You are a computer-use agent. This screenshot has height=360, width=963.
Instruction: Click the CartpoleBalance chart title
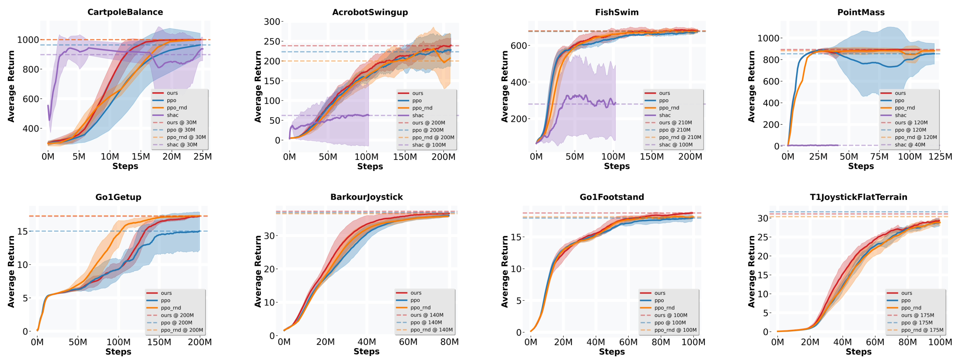(125, 12)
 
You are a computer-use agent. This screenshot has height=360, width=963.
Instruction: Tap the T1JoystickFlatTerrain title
(858, 197)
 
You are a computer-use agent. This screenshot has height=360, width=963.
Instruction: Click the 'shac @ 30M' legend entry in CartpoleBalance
(182, 145)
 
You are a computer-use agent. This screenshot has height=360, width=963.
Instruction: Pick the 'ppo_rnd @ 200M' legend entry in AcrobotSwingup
(433, 138)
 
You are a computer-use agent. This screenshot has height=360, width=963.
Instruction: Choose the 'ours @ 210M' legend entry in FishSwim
(675, 123)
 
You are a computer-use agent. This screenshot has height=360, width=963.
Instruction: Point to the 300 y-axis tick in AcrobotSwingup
(272, 22)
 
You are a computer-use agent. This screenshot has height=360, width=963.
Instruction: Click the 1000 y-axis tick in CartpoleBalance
(28, 40)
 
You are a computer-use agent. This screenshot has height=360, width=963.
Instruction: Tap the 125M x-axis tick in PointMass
(940, 156)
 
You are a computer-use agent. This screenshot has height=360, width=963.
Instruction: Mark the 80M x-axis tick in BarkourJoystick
(449, 342)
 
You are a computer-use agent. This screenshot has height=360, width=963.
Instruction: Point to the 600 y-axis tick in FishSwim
(519, 46)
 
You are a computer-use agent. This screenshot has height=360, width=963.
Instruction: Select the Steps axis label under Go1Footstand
(612, 351)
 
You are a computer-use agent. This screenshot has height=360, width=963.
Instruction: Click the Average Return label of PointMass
(751, 86)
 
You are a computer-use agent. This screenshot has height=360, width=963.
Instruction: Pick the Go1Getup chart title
(118, 197)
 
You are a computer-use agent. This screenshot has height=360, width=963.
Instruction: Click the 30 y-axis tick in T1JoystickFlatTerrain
(763, 218)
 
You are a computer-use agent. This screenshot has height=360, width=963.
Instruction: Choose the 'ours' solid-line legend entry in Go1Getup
(166, 293)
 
